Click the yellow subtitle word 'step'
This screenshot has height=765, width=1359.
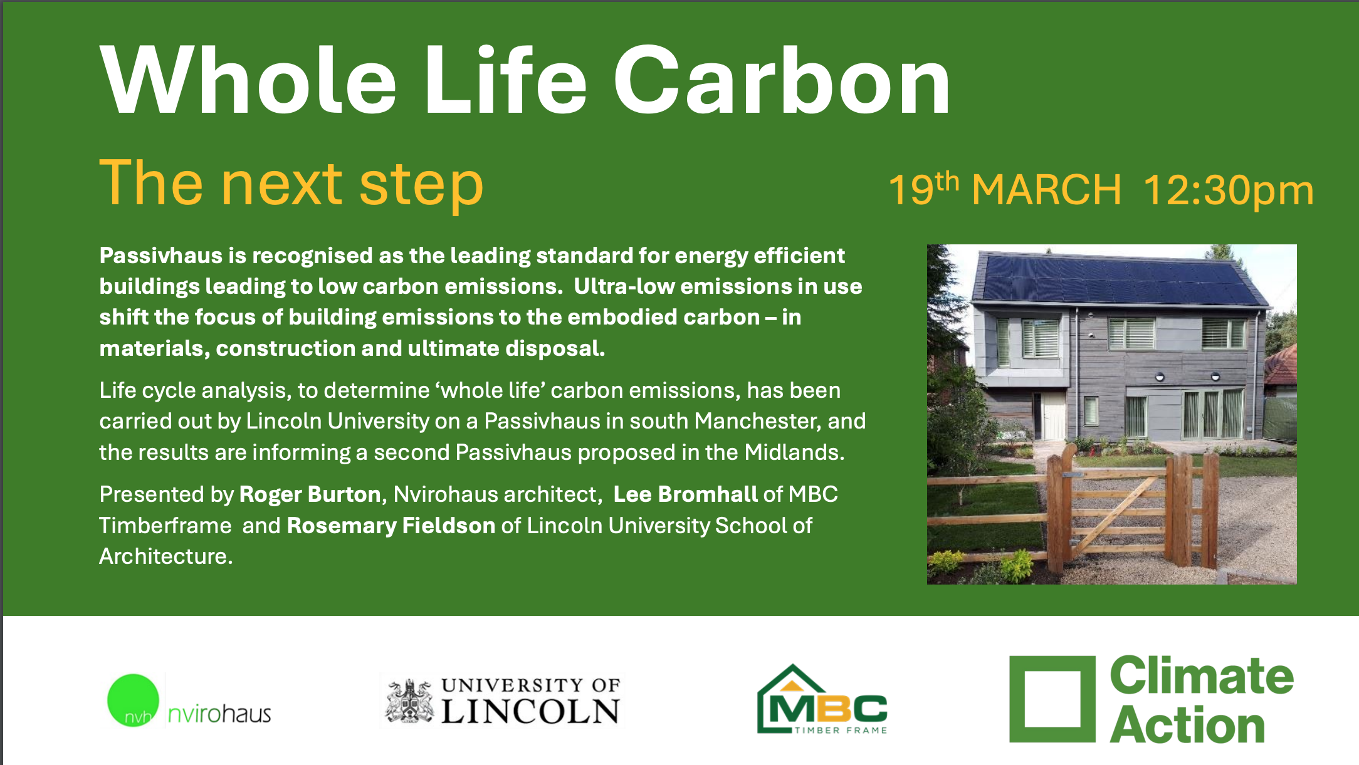(421, 184)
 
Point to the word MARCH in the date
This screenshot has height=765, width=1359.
(1046, 189)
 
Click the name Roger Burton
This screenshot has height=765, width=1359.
(310, 494)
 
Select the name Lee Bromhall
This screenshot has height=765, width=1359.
(686, 494)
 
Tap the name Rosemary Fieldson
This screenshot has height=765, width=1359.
(391, 526)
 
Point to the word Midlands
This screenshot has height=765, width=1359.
(795, 452)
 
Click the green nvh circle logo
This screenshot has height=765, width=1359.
(133, 700)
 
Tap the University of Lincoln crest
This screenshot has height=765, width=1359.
(410, 700)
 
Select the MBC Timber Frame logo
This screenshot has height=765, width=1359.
(822, 699)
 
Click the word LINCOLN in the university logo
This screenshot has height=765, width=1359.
(530, 712)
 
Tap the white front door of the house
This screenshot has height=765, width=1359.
(1054, 416)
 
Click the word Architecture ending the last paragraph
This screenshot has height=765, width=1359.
(165, 556)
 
